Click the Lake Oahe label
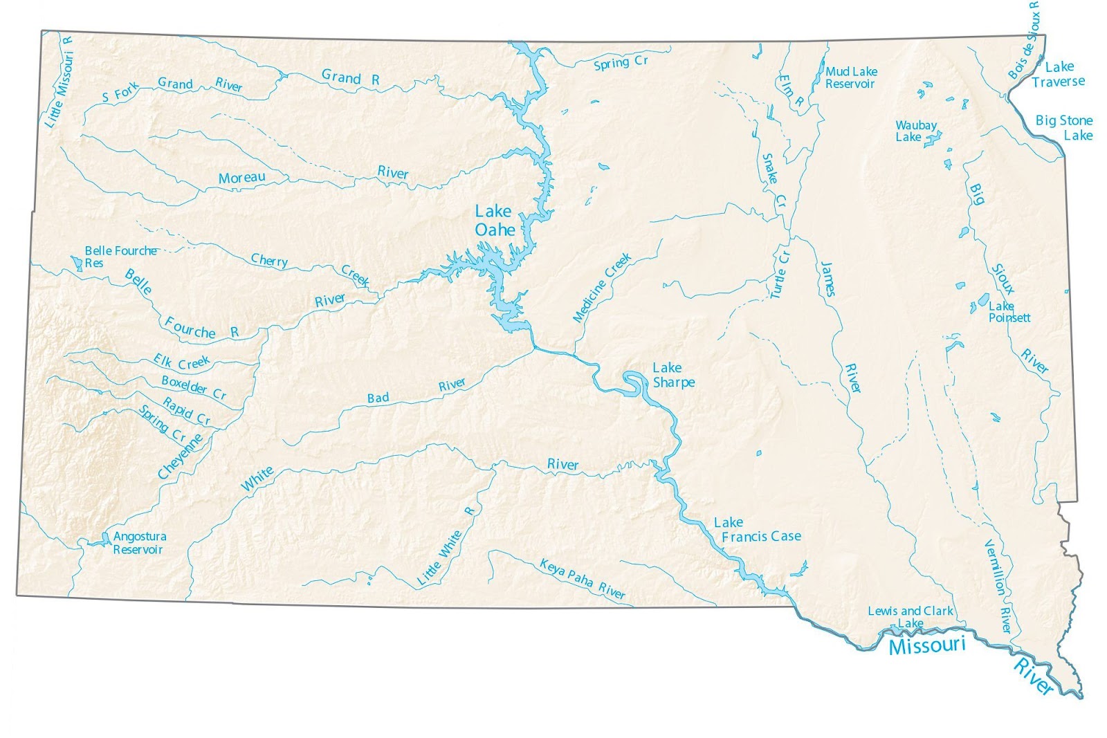494,220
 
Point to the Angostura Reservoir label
139,543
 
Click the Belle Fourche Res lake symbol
76,262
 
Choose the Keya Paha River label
582,578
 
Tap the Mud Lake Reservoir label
851,77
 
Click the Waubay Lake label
915,131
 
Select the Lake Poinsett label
1009,312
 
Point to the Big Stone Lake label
1064,127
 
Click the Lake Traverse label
1058,74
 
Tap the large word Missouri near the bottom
926,646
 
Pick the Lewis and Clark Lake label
910,616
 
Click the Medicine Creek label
601,288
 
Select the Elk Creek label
181,362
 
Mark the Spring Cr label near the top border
621,63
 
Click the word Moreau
241,178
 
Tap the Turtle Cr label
780,275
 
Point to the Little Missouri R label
60,82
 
